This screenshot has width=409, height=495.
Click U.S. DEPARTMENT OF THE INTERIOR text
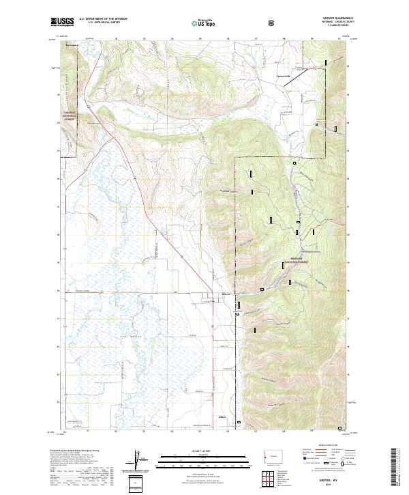coord(103,19)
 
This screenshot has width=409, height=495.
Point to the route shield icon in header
coord(272,23)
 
